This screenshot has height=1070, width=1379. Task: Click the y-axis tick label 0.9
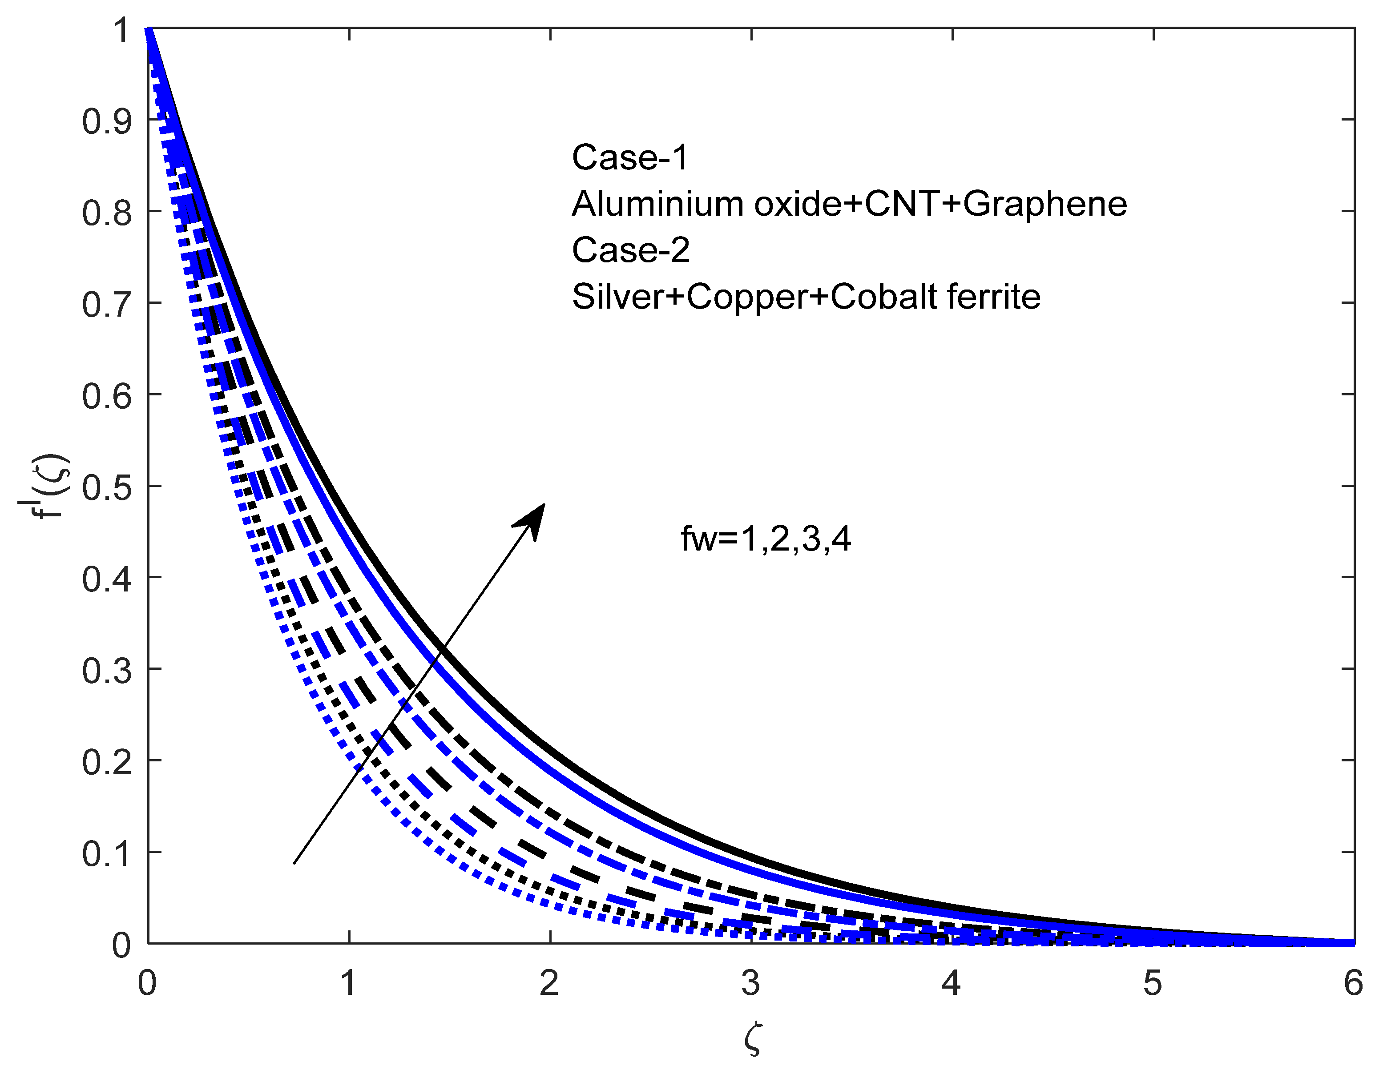[x=107, y=121]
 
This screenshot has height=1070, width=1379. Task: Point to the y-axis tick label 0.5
[x=107, y=488]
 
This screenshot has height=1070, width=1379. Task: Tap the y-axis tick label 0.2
[x=107, y=763]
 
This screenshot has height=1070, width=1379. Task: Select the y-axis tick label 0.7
[x=107, y=305]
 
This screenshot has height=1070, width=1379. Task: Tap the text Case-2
[x=630, y=250]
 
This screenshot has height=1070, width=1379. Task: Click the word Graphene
[x=1045, y=204]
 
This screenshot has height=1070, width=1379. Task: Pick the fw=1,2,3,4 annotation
[x=765, y=539]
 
